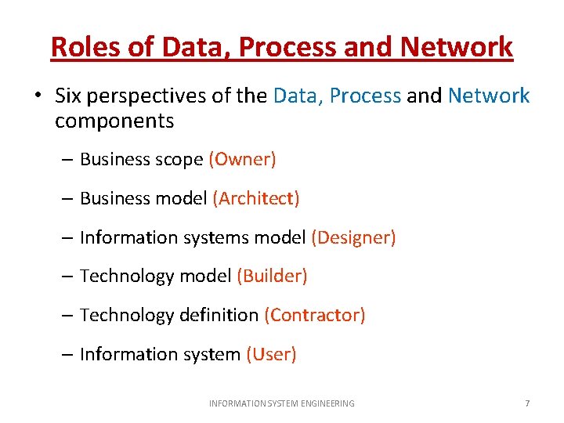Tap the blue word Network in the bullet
pyautogui.click(x=489, y=96)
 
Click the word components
pyautogui.click(x=114, y=121)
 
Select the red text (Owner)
pyautogui.click(x=242, y=160)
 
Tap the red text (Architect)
pyautogui.click(x=256, y=199)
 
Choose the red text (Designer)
pyautogui.click(x=353, y=237)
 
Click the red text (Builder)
pyautogui.click(x=272, y=276)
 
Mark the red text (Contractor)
pyautogui.click(x=315, y=315)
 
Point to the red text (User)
pyautogui.click(x=271, y=354)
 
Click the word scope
pyautogui.click(x=179, y=160)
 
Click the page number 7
pyautogui.click(x=527, y=403)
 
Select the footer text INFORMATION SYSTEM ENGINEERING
pyautogui.click(x=281, y=403)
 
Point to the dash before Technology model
pyautogui.click(x=68, y=277)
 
